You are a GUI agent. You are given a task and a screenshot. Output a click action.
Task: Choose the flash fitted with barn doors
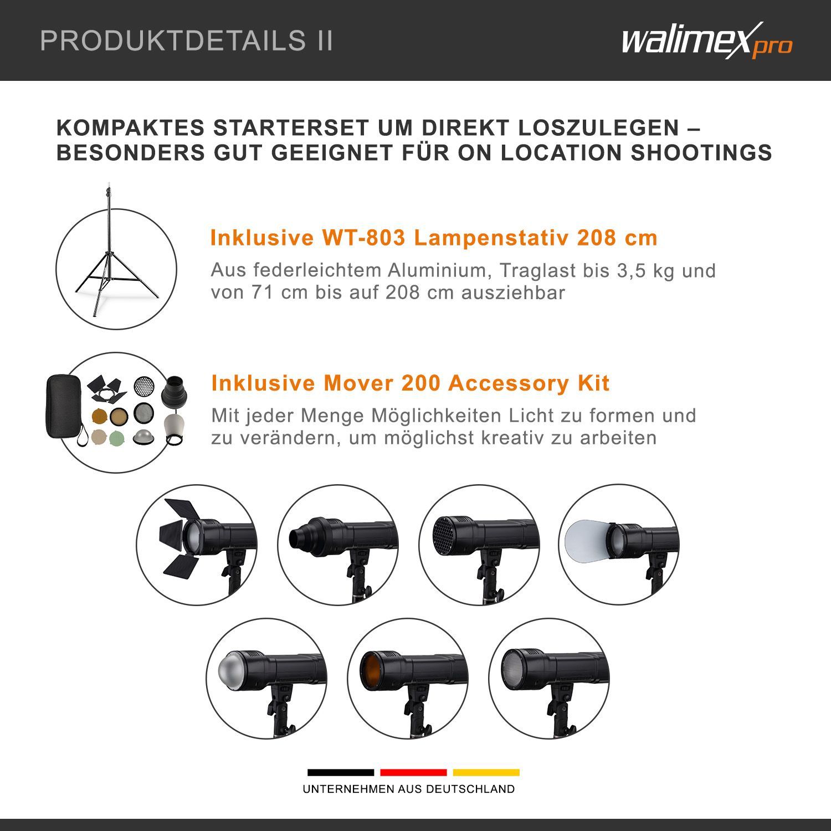pyautogui.click(x=197, y=544)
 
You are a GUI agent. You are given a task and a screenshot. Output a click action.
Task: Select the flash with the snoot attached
pyautogui.click(x=338, y=544)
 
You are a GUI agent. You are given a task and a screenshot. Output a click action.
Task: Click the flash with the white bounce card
pyautogui.click(x=618, y=544)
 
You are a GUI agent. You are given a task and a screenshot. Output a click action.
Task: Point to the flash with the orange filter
pyautogui.click(x=408, y=678)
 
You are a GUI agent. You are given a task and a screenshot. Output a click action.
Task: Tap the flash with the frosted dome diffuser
pyautogui.click(x=266, y=678)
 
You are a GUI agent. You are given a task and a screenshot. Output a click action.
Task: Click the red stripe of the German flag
pyautogui.click(x=413, y=772)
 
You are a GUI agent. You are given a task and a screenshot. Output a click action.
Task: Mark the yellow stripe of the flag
pyautogui.click(x=486, y=772)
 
